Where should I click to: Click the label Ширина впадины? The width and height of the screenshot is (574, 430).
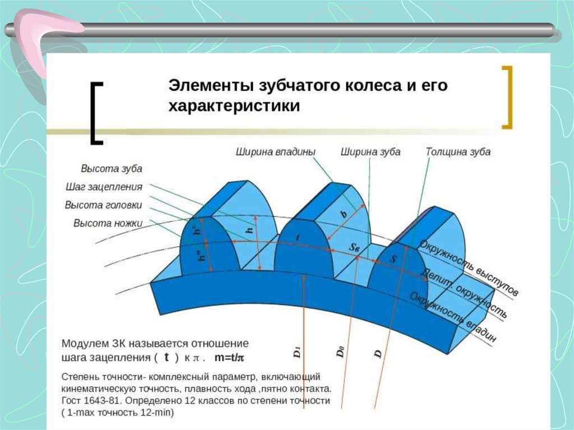pyautogui.click(x=275, y=151)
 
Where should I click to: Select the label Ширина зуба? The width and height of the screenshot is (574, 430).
pyautogui.click(x=371, y=151)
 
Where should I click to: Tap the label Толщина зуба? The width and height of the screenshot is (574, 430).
pyautogui.click(x=458, y=151)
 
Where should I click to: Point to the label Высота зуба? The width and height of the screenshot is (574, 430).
pyautogui.click(x=112, y=169)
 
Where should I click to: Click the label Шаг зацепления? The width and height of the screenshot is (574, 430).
pyautogui.click(x=104, y=187)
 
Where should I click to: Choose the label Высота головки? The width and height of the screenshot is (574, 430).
pyautogui.click(x=103, y=205)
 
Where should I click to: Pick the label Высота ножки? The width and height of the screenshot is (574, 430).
pyautogui.click(x=108, y=223)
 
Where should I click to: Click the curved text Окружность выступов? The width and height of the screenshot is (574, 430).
pyautogui.click(x=469, y=267)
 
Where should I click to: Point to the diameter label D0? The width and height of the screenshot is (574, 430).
pyautogui.click(x=340, y=352)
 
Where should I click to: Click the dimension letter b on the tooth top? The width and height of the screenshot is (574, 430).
pyautogui.click(x=344, y=214)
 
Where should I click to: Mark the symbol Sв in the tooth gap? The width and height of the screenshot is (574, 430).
pyautogui.click(x=354, y=247)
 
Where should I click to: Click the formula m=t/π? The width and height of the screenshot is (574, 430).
pyautogui.click(x=229, y=358)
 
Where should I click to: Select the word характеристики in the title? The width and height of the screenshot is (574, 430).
pyautogui.click(x=234, y=106)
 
